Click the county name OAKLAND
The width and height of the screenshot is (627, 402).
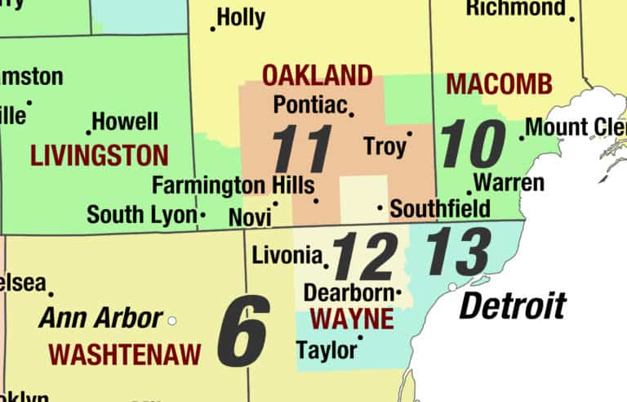[317, 76]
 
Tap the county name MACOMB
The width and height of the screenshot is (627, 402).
[500, 83]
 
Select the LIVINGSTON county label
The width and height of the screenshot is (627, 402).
[99, 155]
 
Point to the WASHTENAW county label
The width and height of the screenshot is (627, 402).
[124, 354]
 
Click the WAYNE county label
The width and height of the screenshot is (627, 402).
[353, 318]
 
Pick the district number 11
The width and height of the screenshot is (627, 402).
[302, 148]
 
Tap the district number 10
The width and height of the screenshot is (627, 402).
[473, 143]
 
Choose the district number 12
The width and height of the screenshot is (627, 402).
[365, 255]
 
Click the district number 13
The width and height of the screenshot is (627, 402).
[459, 251]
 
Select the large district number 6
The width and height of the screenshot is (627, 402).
[242, 331]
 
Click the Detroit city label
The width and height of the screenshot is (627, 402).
[512, 306]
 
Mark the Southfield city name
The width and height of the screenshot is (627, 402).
[440, 208]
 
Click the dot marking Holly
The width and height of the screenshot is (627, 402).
[213, 29]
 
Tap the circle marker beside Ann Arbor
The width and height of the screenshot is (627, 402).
[171, 320]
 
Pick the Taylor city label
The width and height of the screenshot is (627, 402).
[327, 350]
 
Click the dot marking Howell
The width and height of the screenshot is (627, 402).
[88, 132]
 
